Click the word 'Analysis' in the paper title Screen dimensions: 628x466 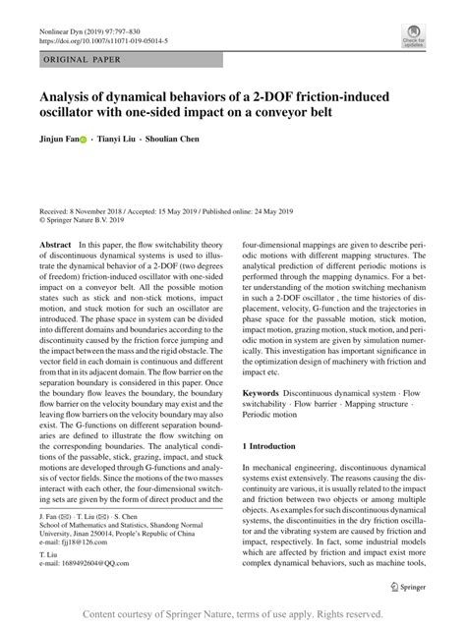(70, 97)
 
